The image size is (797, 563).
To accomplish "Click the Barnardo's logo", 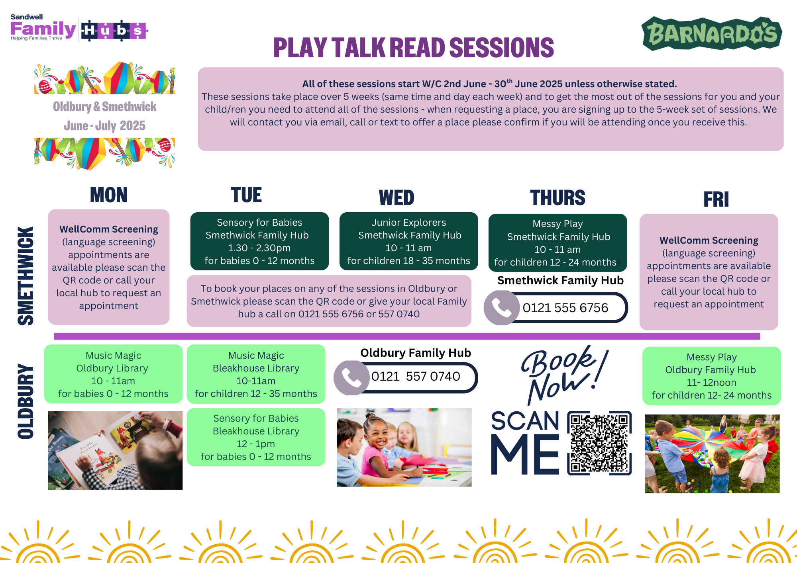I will pyautogui.click(x=712, y=33).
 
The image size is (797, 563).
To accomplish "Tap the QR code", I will pyautogui.click(x=599, y=443).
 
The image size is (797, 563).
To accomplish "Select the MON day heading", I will pyautogui.click(x=108, y=195).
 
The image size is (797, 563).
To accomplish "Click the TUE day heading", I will pyautogui.click(x=246, y=195).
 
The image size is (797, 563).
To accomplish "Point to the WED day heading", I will pyautogui.click(x=397, y=197).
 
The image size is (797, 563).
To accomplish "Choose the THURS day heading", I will pyautogui.click(x=558, y=197).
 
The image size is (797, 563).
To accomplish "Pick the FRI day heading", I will pyautogui.click(x=716, y=199).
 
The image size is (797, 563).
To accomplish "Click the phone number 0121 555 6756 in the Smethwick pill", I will pyautogui.click(x=565, y=308).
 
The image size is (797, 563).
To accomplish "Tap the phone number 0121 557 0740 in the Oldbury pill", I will pyautogui.click(x=416, y=376).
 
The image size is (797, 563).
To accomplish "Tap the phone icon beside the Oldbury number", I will pyautogui.click(x=351, y=377).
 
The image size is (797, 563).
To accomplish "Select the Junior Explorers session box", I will pyautogui.click(x=408, y=241).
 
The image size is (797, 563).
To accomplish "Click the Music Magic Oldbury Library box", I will pyautogui.click(x=113, y=374).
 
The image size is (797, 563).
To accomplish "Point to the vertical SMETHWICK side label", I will pyautogui.click(x=26, y=276).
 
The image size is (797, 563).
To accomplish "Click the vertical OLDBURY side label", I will pyautogui.click(x=26, y=401).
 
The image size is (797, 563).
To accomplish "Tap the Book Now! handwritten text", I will pyautogui.click(x=564, y=374).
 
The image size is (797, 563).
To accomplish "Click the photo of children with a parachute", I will pyautogui.click(x=712, y=454).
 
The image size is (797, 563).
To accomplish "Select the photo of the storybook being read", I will pyautogui.click(x=115, y=450).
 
